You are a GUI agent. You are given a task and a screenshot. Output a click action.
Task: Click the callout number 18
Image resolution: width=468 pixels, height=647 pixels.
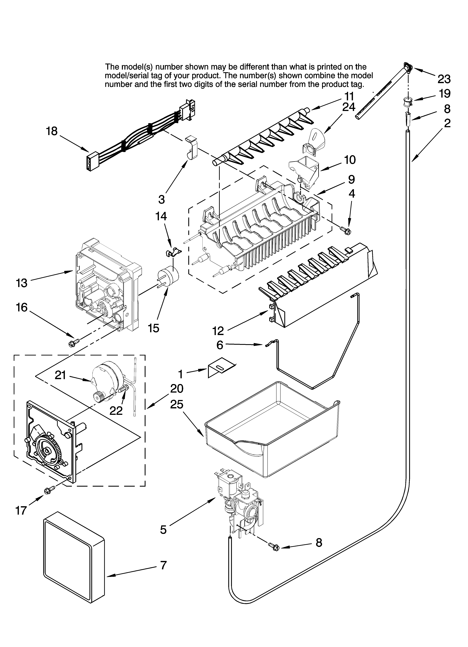[52, 132]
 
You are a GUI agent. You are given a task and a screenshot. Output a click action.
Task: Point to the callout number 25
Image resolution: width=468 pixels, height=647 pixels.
[177, 404]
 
